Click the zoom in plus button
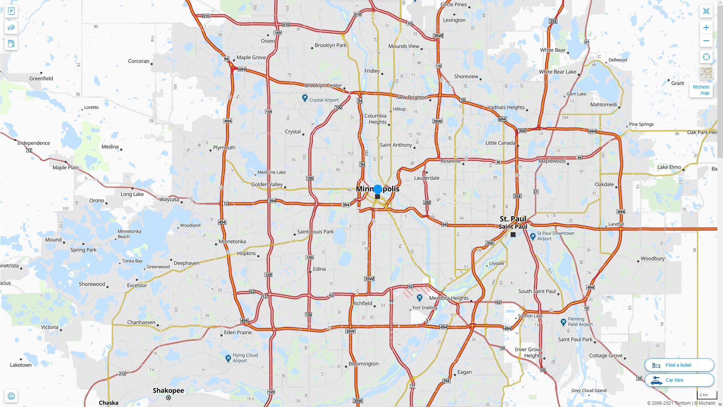(706, 28)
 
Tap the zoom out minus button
(706, 41)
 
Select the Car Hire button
(679, 380)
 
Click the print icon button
(11, 396)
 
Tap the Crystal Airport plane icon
(305, 98)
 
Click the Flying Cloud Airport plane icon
(228, 358)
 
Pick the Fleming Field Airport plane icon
(563, 322)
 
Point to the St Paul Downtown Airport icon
(533, 236)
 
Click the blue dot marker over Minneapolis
(378, 189)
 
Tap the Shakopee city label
(168, 390)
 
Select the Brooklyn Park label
(331, 45)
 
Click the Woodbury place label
(653, 259)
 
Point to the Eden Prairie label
(238, 332)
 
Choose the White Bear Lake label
(557, 72)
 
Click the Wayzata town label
(169, 199)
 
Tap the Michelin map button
(701, 90)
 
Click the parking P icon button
(11, 11)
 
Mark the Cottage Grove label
(606, 355)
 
